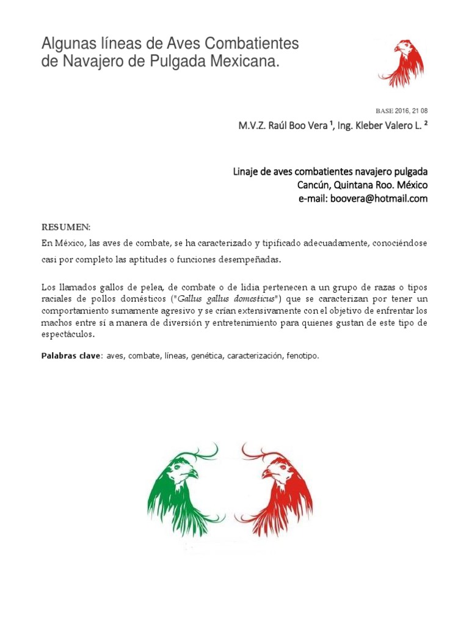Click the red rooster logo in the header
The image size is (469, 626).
(x=401, y=64)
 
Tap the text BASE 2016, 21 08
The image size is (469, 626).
(x=401, y=111)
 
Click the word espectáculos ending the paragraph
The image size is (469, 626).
(x=68, y=335)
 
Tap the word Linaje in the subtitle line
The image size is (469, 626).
(x=247, y=172)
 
